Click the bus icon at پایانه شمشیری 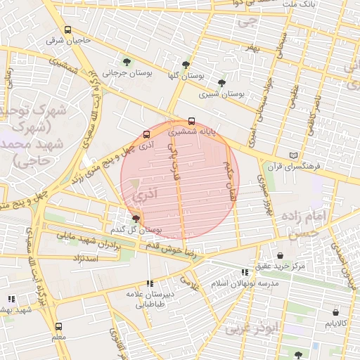point(192,121)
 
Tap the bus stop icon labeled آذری point(146,134)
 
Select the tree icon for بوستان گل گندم point(136,219)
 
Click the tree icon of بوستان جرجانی point(127,62)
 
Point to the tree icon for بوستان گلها point(186,64)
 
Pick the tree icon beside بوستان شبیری point(221,83)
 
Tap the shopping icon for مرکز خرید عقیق point(281,255)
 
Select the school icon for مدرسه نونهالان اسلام point(245,272)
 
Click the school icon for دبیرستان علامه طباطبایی point(150,283)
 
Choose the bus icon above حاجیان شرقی point(67,30)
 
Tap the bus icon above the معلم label point(58,326)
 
